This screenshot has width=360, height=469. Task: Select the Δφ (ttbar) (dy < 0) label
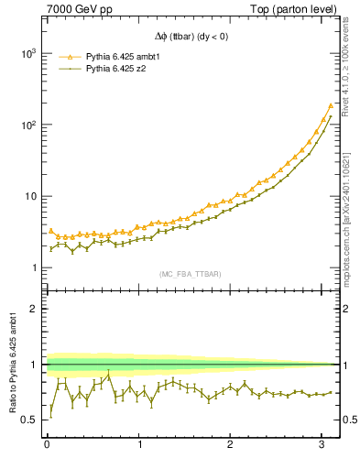pos(191,37)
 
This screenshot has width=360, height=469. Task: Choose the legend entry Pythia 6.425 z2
pos(120,69)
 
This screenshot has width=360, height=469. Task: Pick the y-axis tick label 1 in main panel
pos(33,267)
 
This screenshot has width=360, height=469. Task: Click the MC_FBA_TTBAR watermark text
pos(191,274)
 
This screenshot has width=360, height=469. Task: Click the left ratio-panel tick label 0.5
pos(30,420)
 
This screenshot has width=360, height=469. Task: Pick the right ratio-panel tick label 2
pos(348,309)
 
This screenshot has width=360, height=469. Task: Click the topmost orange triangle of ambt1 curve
pos(331,105)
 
